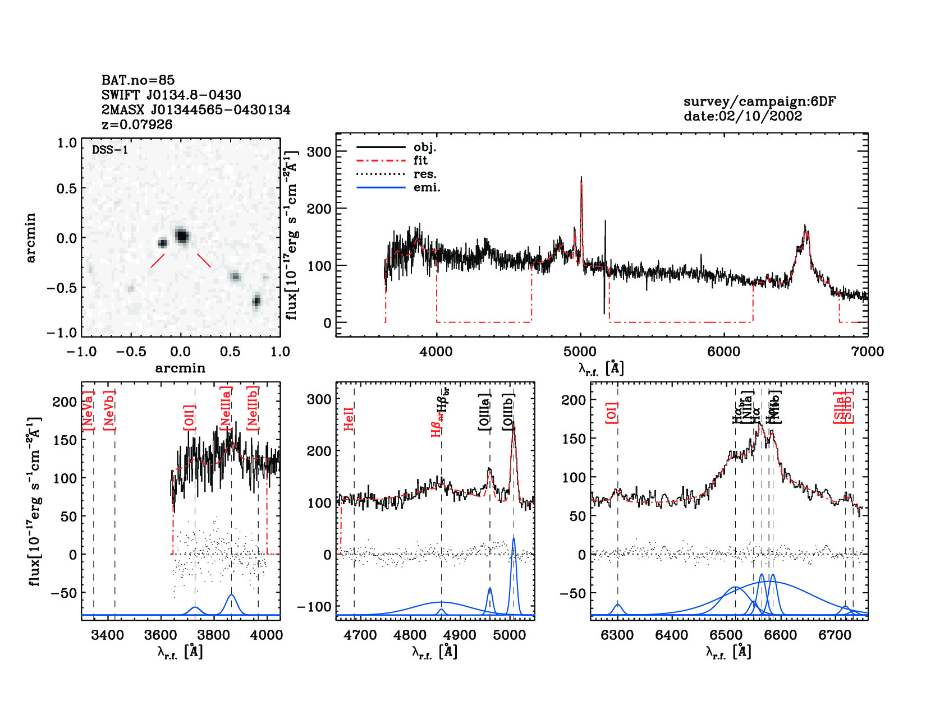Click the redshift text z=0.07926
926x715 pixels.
point(137,124)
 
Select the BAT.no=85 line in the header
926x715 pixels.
point(138,80)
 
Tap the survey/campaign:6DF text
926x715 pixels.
point(759,102)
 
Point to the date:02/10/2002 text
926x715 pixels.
point(742,116)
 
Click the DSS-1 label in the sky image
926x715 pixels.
point(110,150)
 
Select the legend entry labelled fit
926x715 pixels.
point(420,160)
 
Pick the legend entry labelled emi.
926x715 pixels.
point(427,187)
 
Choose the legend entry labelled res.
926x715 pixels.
point(425,174)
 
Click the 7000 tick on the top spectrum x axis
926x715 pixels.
point(867,352)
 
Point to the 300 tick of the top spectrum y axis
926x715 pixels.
point(319,151)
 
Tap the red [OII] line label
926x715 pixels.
point(190,417)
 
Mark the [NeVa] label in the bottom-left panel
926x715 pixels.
point(88,410)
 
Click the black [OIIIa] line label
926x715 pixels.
point(485,412)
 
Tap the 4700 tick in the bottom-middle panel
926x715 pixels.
point(360,635)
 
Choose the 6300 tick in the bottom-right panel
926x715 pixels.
point(617,635)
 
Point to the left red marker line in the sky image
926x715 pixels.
point(158,261)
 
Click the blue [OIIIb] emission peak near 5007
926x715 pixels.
point(514,539)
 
